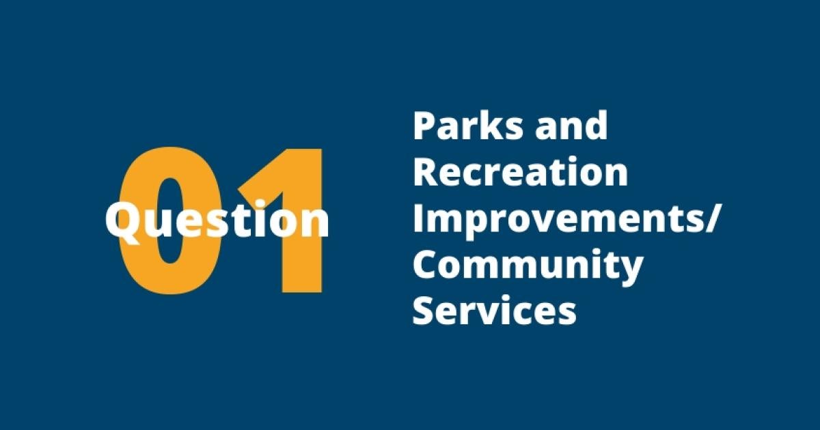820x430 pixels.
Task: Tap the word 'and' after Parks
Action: (x=571, y=126)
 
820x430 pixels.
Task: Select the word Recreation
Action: (x=521, y=172)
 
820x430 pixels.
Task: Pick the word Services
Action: (x=495, y=311)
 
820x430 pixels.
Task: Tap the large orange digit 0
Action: (x=169, y=220)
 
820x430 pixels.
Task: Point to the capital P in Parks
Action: (x=426, y=126)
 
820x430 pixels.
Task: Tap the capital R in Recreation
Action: (x=427, y=172)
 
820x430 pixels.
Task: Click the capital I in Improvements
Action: (x=418, y=218)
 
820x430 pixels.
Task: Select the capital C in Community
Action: (x=427, y=265)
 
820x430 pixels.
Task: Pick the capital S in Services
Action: (x=425, y=311)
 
